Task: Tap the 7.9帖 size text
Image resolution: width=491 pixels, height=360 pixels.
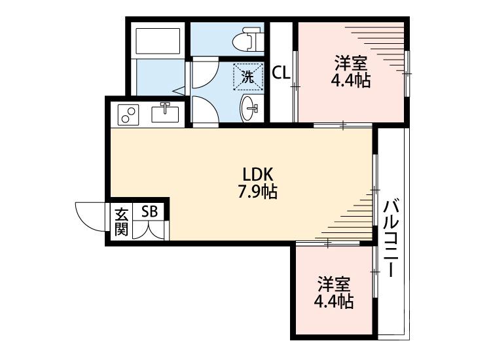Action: click(x=256, y=192)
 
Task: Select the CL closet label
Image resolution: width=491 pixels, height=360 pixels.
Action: click(x=282, y=73)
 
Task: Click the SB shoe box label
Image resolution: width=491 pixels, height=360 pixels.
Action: click(x=150, y=211)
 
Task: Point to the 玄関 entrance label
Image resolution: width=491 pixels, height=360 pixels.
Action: click(x=121, y=221)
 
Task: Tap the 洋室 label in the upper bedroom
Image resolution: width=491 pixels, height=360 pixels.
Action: click(x=350, y=64)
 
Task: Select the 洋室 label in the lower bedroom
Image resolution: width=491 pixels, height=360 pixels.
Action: click(x=334, y=285)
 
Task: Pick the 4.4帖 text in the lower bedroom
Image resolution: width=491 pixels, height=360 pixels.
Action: click(x=334, y=302)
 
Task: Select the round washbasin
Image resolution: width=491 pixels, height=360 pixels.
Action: click(x=249, y=108)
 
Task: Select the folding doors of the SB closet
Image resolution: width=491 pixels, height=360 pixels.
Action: click(x=150, y=230)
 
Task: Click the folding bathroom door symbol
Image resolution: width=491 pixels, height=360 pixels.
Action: click(x=178, y=90)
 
